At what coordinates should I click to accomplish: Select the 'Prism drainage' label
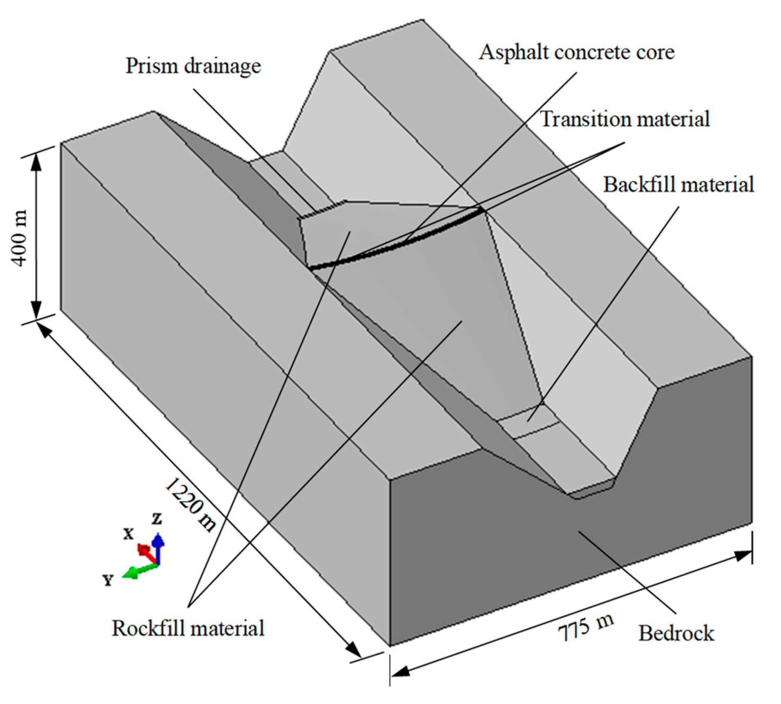193,66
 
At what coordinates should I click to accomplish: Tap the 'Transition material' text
625,119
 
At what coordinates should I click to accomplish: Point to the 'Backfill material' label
678,185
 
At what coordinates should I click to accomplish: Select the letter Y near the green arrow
107,580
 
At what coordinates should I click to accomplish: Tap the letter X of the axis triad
129,533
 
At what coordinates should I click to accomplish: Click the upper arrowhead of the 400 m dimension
36,162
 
